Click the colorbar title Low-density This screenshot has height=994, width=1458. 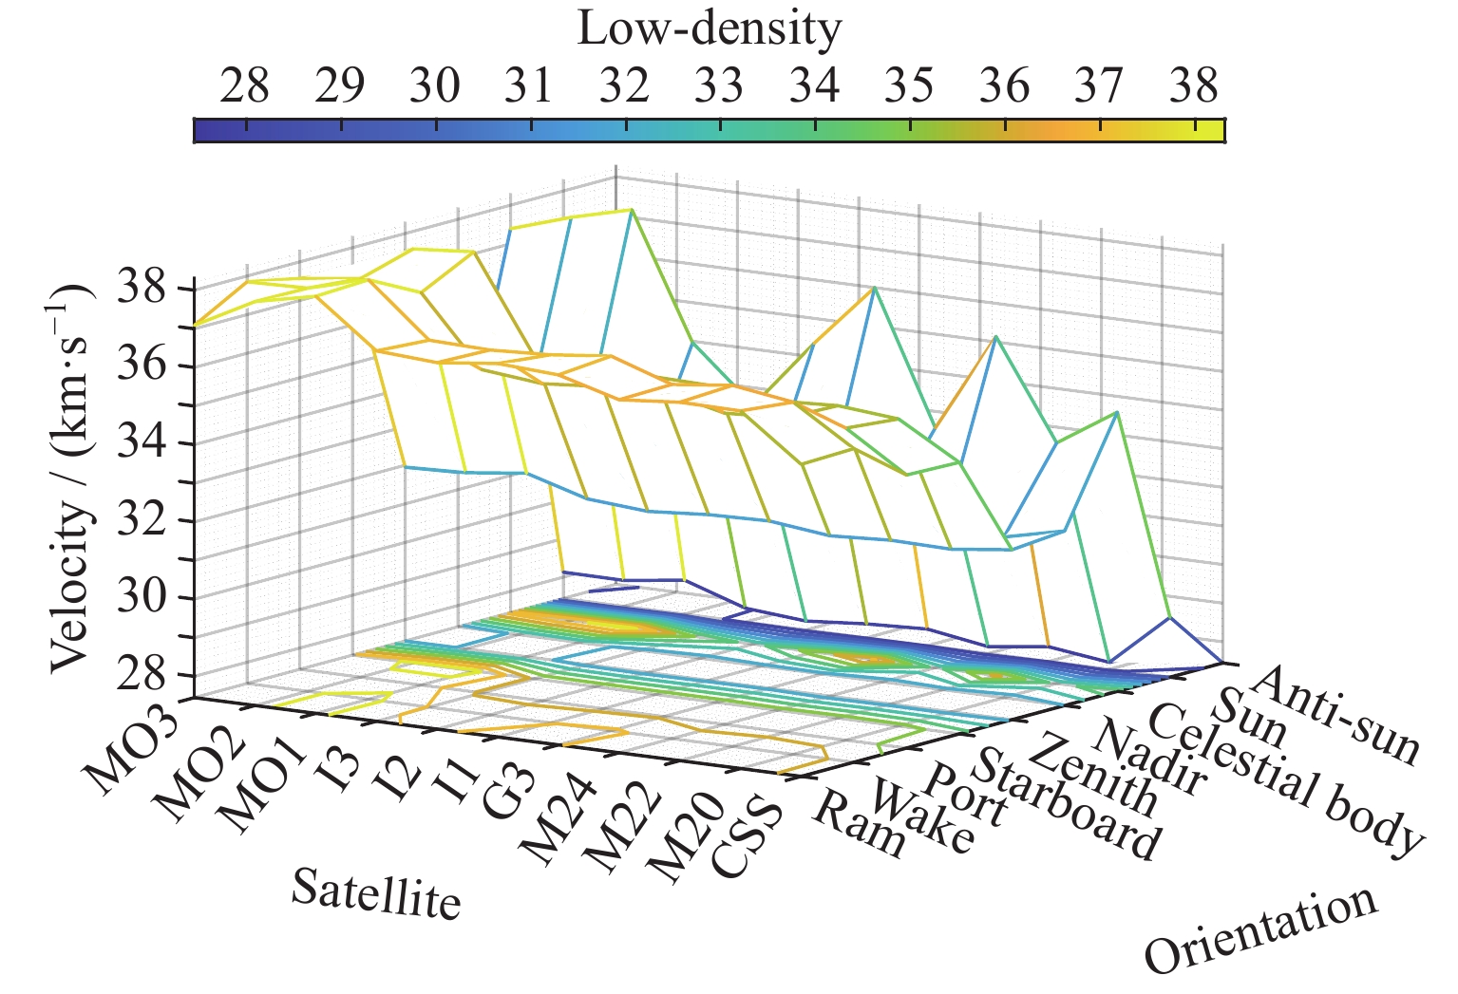click(x=709, y=29)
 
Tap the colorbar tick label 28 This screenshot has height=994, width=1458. click(x=244, y=86)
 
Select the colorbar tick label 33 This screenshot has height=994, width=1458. click(x=719, y=86)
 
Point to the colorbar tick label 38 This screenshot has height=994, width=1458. click(x=1194, y=86)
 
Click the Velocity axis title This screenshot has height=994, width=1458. click(x=73, y=477)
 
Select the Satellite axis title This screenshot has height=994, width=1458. click(x=376, y=894)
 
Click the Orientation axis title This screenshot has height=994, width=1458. click(x=1261, y=930)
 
